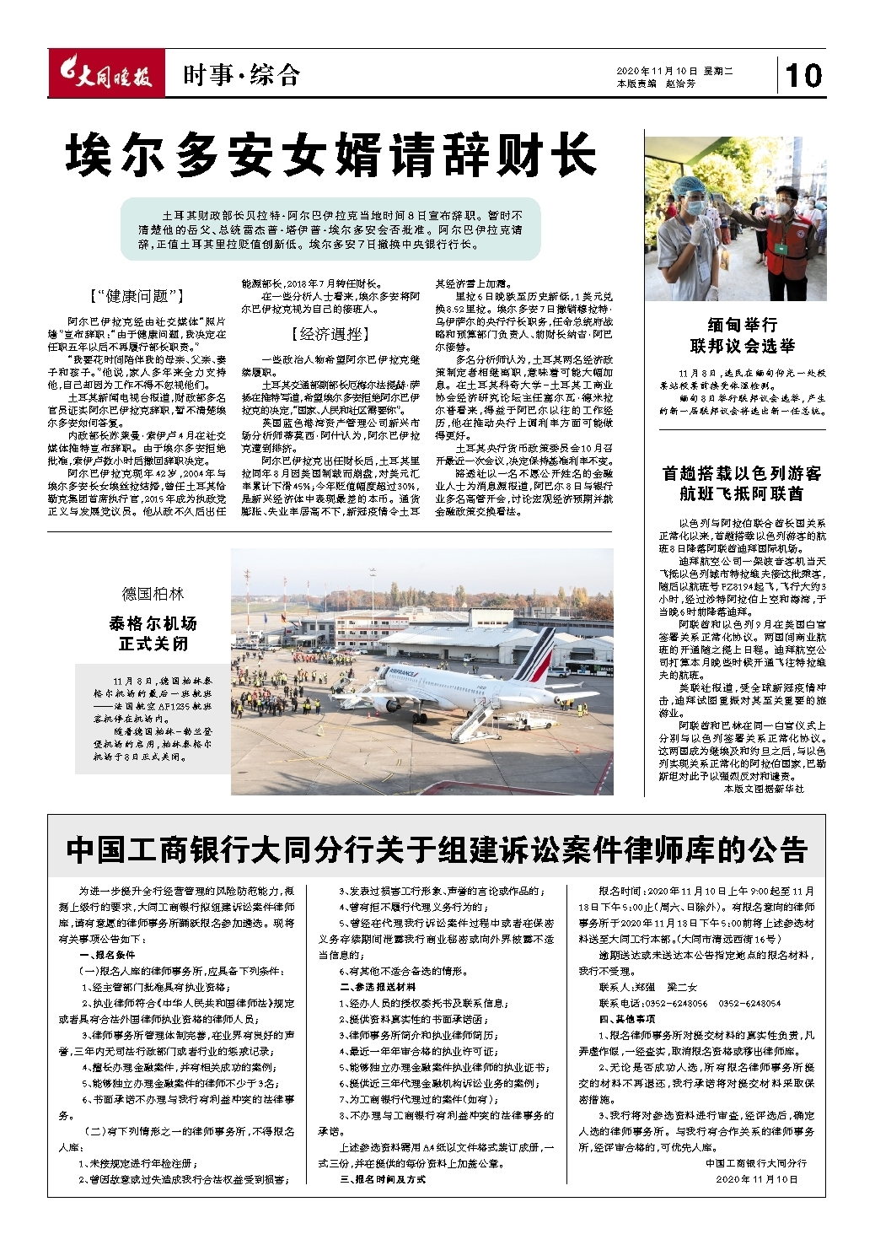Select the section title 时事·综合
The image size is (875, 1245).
coord(241,76)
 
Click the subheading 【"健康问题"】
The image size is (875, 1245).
coord(137,296)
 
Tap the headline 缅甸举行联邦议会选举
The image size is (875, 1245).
coord(742,336)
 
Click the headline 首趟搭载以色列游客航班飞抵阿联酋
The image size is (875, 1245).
coord(742,483)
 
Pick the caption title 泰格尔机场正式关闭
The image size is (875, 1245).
coord(153,633)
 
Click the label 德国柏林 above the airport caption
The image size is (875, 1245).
coord(153,595)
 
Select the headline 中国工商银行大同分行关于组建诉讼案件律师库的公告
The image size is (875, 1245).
coord(436,849)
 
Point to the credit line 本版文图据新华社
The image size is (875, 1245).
coord(764,789)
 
